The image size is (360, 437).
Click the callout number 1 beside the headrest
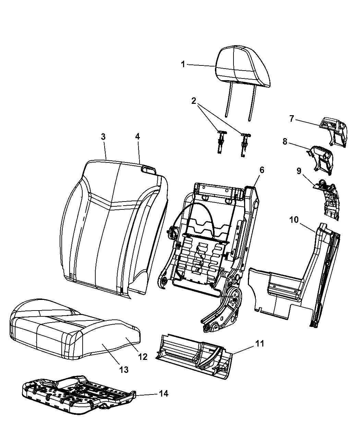point(183,64)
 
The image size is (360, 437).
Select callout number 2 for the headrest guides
point(194,101)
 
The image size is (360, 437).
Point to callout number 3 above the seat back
point(103,137)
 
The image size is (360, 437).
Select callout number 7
point(291,119)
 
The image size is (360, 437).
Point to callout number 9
point(298,171)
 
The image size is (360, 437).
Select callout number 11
point(260,343)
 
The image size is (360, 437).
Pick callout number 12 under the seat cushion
point(143,356)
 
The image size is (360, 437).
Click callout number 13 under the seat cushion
point(123,369)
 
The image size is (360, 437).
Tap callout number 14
point(164,393)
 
